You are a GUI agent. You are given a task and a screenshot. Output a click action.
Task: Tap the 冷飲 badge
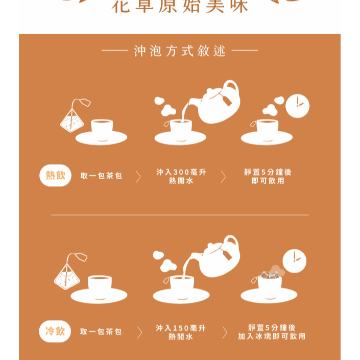tap(55, 331)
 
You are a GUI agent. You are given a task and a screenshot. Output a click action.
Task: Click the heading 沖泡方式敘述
tap(180, 51)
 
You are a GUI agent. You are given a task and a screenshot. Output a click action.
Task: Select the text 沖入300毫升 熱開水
tap(181, 177)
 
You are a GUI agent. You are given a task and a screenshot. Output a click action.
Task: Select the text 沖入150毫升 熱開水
tap(181, 332)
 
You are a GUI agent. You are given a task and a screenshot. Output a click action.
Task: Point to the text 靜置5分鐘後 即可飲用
tap(268, 177)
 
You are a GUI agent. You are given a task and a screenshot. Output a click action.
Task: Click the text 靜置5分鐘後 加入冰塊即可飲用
tap(271, 332)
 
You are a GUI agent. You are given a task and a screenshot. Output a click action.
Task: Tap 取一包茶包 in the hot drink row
tap(101, 176)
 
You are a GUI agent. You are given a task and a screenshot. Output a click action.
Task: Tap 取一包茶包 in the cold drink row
tap(101, 332)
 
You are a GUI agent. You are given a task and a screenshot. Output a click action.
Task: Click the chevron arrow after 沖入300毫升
tap(223, 177)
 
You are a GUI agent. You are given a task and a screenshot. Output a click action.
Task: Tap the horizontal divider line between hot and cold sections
tap(180, 215)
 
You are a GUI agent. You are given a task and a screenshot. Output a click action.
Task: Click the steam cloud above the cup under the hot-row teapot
tap(166, 105)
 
